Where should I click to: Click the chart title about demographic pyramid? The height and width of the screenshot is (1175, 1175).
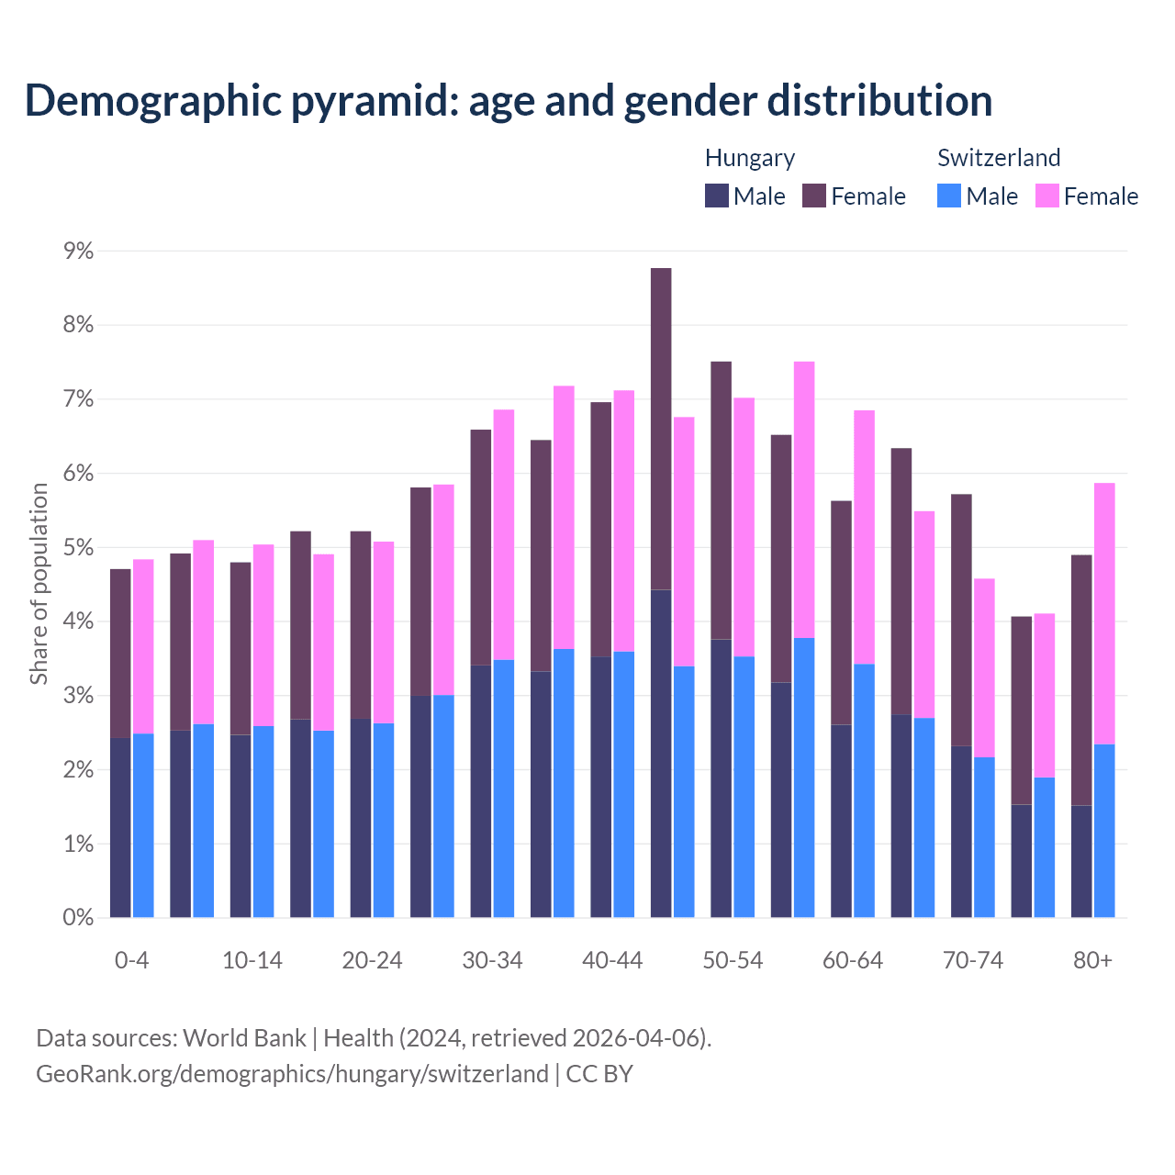508,101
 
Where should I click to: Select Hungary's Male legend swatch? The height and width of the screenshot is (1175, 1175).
717,196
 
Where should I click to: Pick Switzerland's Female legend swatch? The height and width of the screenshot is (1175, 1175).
1046,196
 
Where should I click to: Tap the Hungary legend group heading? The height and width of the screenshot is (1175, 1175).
749,158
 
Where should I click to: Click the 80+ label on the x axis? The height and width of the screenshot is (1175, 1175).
1092,961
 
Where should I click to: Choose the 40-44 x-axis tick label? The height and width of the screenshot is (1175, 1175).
612,961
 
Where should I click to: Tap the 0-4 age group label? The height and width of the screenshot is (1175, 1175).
131,961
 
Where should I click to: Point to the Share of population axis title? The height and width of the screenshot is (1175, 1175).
39,584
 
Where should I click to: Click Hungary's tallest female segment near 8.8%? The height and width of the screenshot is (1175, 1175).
661,429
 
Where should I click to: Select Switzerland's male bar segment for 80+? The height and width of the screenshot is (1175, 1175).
1104,831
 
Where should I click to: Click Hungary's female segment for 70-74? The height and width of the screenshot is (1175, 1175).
961,620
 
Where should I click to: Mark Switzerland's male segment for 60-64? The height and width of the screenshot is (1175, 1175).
864,790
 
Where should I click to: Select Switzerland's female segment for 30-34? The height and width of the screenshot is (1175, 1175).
504,534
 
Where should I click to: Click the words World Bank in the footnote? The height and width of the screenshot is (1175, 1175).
244,1038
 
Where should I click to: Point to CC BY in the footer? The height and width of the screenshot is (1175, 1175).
599,1074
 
